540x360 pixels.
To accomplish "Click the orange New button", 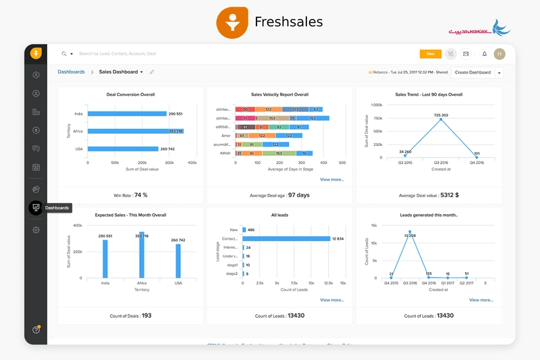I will [430, 54].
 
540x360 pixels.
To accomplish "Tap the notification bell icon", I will [483, 54].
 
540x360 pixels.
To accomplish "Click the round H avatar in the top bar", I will [500, 54].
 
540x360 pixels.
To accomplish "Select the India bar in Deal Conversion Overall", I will [127, 114].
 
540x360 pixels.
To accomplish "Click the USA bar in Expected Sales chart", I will [178, 260].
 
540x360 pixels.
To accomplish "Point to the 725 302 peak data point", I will [441, 120].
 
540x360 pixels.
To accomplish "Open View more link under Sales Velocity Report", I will [331, 180].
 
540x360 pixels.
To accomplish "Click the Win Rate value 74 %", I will [140, 195].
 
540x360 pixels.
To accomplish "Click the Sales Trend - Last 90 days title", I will [429, 95].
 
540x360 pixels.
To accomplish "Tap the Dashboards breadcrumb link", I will [71, 72].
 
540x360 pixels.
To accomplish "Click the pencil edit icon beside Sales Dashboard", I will [152, 72].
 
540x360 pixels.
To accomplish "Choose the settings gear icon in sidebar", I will [36, 230].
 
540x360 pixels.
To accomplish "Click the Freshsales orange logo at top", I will [232, 22].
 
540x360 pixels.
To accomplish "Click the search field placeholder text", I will [117, 53].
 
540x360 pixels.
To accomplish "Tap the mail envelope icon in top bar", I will [466, 54].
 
